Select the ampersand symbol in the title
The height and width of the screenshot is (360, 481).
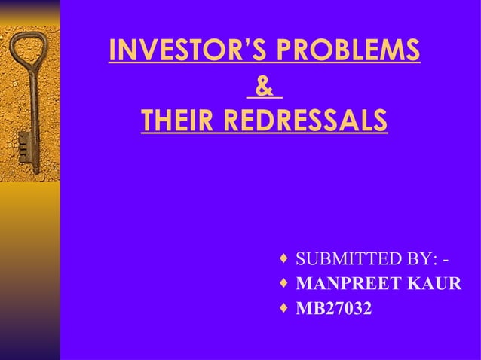pyautogui.click(x=264, y=86)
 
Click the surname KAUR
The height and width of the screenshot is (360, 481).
pyautogui.click(x=435, y=285)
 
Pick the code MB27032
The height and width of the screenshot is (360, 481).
pyautogui.click(x=333, y=309)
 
